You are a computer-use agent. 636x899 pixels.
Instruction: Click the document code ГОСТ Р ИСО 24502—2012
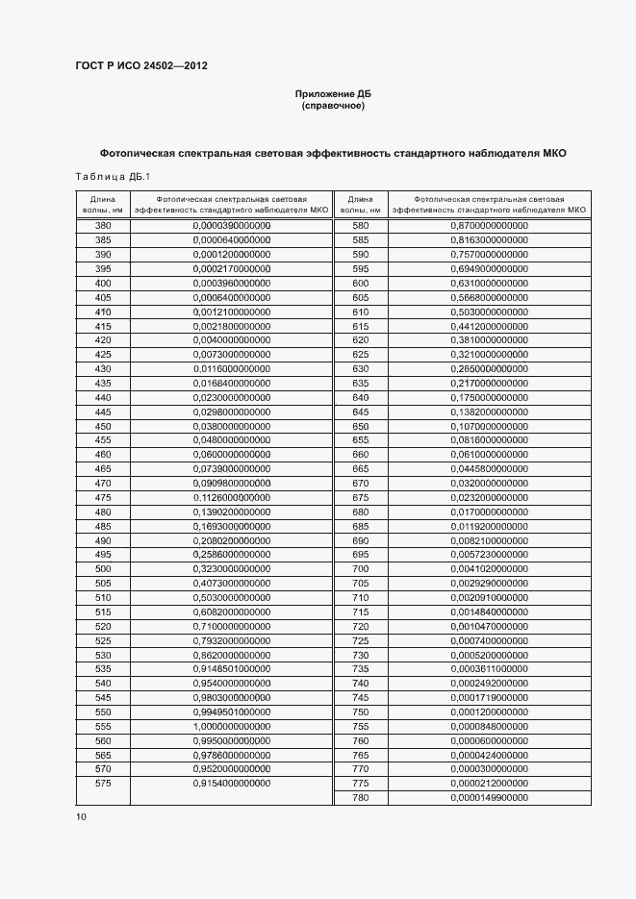point(141,66)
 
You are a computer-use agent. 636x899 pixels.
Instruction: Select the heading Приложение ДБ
point(332,93)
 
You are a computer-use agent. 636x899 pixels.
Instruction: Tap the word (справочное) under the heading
point(332,106)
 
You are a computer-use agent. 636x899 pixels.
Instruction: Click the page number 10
point(81,816)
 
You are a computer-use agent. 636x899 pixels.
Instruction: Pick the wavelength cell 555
point(103,726)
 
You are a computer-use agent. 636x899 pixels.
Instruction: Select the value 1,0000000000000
point(232,726)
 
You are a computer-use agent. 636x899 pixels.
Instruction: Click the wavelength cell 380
point(103,225)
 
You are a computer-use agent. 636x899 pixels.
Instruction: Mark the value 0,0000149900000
point(489,797)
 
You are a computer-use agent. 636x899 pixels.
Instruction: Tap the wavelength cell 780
point(361,797)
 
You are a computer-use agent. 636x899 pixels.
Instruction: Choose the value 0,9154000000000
point(232,783)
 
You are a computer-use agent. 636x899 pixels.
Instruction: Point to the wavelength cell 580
point(361,225)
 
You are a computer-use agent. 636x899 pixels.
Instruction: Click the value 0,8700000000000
point(489,225)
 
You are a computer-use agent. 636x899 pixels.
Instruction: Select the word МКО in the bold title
point(555,153)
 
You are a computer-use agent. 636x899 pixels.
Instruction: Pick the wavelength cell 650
point(361,425)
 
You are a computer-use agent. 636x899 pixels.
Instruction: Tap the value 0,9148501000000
point(232,668)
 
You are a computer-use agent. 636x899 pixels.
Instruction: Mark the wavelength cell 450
point(103,425)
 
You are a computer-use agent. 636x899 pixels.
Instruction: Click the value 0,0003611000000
point(489,668)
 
